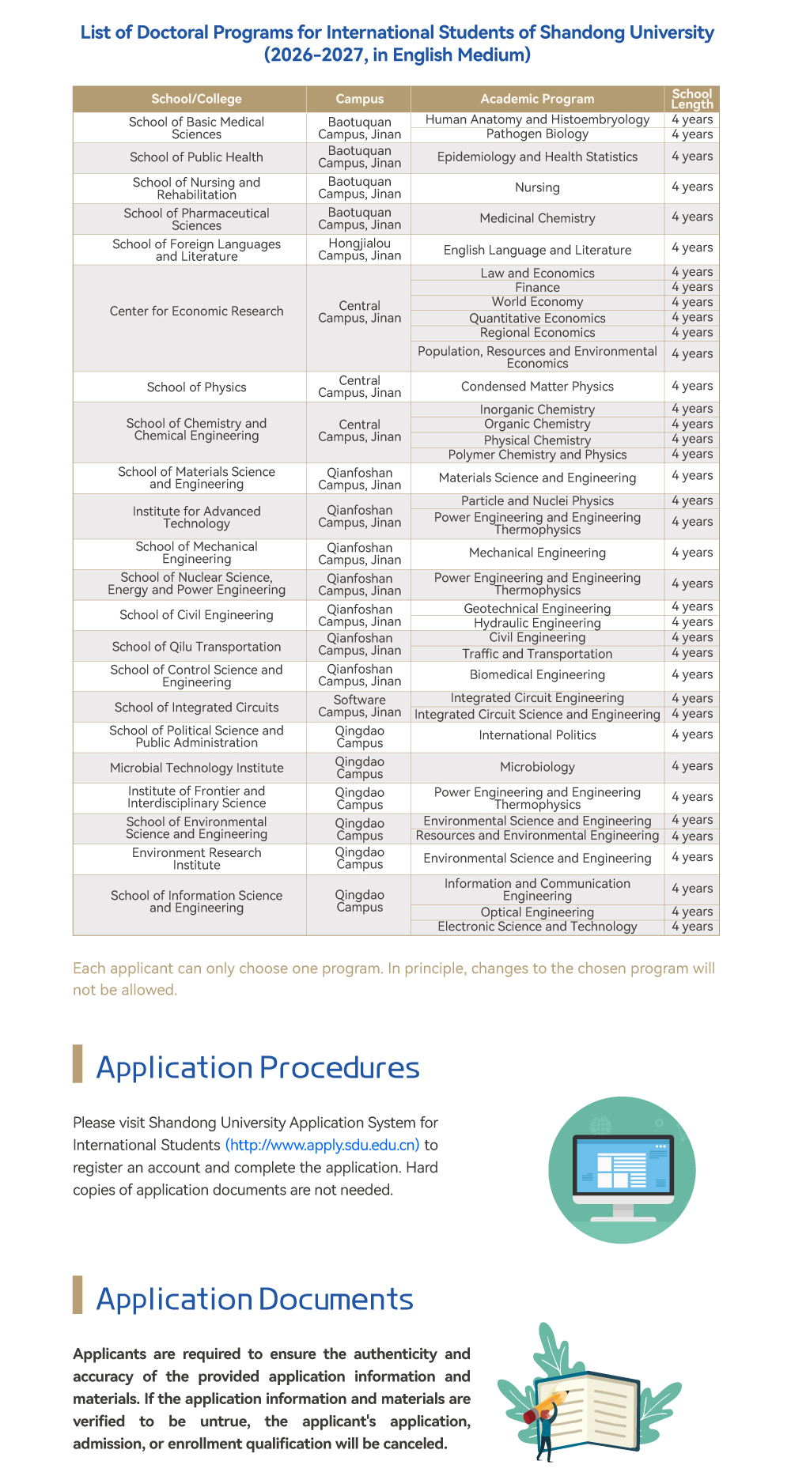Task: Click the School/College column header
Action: tap(196, 99)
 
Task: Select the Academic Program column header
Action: tap(537, 99)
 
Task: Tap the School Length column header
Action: tap(692, 99)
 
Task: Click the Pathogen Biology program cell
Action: tap(537, 134)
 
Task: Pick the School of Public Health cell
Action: tap(196, 157)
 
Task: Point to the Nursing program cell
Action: tap(537, 187)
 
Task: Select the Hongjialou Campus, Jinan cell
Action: tap(359, 249)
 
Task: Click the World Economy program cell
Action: tap(537, 302)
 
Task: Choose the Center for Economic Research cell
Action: tap(196, 311)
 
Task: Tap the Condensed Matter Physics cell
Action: tap(537, 387)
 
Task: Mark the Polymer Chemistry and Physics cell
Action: tap(537, 455)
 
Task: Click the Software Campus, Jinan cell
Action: tap(359, 706)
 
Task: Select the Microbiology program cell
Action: tap(537, 767)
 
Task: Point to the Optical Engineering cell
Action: tap(537, 912)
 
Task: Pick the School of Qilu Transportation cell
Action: tap(196, 647)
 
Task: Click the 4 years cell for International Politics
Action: tap(692, 735)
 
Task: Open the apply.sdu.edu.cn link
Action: tap(322, 1145)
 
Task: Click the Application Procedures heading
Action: tap(258, 1067)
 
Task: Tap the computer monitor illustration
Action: tap(622, 1170)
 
